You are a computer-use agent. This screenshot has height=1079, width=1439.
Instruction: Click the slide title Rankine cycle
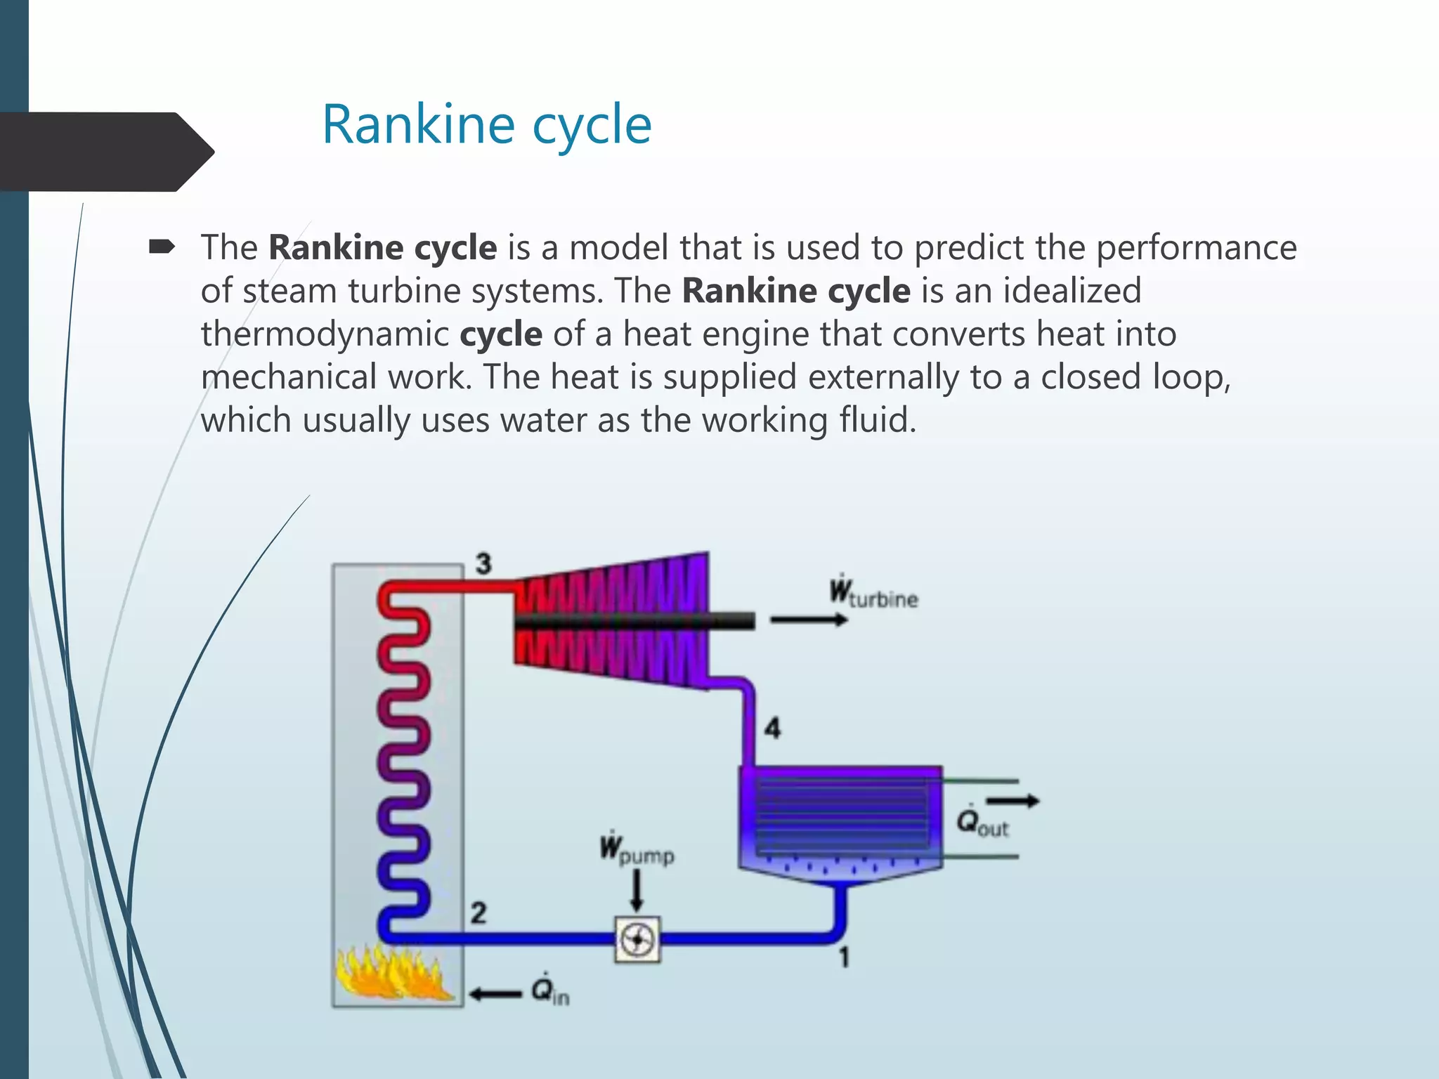[x=486, y=125]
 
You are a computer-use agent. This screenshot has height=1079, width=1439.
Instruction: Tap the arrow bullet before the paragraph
[x=162, y=247]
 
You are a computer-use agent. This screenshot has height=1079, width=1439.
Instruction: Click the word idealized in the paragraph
[x=1072, y=291]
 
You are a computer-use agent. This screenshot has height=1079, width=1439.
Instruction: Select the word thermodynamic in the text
[x=325, y=334]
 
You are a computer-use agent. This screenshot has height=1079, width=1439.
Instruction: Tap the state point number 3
[x=483, y=563]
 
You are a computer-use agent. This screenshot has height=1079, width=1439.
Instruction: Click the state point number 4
[x=772, y=728]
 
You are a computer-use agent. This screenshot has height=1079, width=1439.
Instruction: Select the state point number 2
[x=478, y=913]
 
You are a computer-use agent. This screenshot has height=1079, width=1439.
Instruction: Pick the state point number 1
[x=844, y=957]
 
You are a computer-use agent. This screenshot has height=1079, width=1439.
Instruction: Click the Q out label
[x=982, y=822]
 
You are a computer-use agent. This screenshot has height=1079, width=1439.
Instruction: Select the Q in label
[x=549, y=991]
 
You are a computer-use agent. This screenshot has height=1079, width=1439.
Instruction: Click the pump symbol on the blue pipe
[x=637, y=939]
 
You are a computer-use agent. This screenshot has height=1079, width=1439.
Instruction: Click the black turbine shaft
[x=632, y=620]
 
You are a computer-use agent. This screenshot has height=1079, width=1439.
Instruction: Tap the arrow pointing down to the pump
[x=637, y=891]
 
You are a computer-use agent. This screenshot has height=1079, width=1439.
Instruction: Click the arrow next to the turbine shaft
[x=808, y=620]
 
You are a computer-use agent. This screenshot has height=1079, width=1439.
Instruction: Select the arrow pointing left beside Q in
[x=495, y=993]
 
